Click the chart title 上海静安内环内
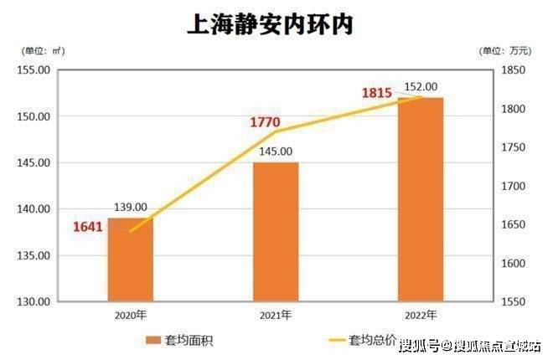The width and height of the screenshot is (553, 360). (x=270, y=24)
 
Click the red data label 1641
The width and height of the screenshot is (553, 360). (x=90, y=225)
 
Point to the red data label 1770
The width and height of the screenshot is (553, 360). (x=266, y=122)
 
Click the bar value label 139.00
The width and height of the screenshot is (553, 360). (x=131, y=207)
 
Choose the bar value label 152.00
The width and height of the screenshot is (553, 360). (x=421, y=86)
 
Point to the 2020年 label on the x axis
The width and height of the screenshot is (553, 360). (x=131, y=315)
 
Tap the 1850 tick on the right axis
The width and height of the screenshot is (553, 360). (x=513, y=70)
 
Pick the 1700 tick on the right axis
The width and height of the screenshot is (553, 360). (x=513, y=186)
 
